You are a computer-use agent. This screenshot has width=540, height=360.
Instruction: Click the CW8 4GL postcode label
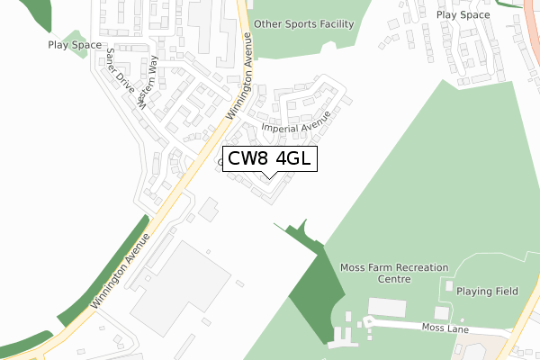[269, 160]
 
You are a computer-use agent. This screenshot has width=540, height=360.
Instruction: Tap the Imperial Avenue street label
[296, 122]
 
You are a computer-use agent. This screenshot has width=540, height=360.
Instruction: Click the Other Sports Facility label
[303, 24]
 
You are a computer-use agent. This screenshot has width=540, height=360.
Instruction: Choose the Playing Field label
[487, 292]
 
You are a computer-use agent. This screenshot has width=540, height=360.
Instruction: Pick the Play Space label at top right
[463, 15]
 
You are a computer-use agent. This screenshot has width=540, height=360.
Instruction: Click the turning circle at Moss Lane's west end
[367, 320]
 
